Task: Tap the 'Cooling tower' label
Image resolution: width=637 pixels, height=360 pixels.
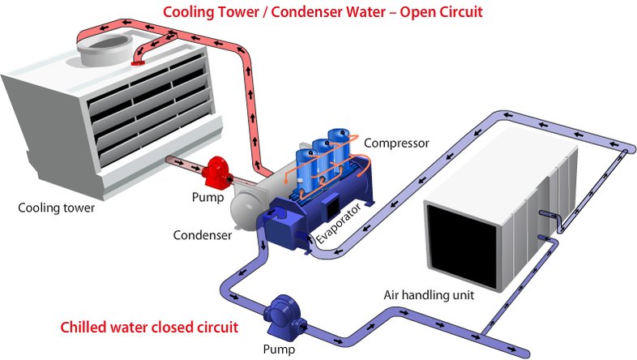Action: coord(57,208)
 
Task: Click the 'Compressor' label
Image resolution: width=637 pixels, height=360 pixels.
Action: coord(396,144)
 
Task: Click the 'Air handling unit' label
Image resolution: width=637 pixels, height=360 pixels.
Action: coord(429,294)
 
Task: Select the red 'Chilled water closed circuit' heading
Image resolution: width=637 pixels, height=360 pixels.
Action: coord(150,328)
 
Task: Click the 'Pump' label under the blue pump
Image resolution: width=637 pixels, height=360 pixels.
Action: coord(279,350)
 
